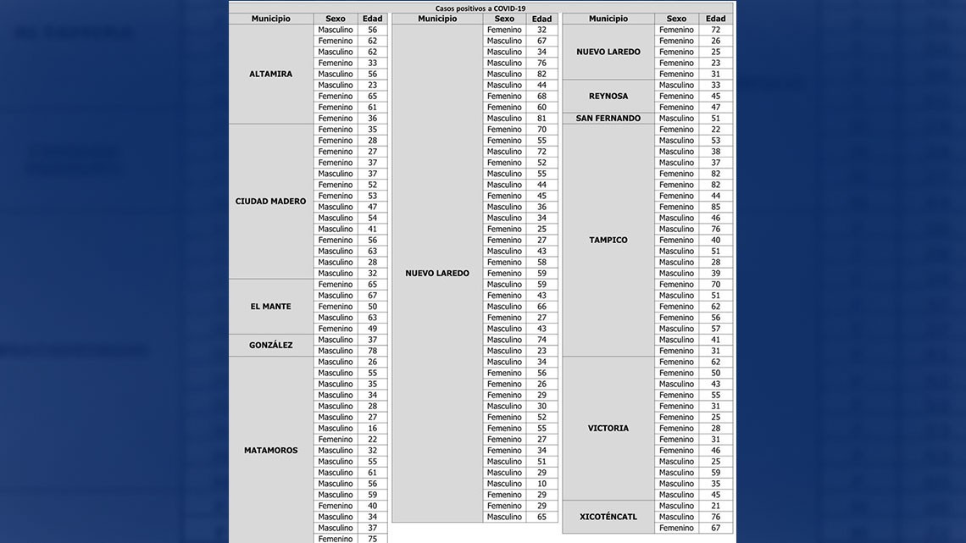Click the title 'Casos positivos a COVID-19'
(x=480, y=8)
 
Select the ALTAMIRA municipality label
(x=270, y=74)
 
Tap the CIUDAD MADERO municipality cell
(x=270, y=202)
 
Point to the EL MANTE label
(x=270, y=307)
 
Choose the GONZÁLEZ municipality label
(x=270, y=346)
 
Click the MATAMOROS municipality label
(x=270, y=451)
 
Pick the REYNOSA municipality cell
(x=608, y=97)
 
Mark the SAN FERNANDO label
(x=608, y=119)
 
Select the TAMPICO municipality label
(x=608, y=241)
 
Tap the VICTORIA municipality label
(x=608, y=429)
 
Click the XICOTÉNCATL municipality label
(x=608, y=517)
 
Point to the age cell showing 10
(x=541, y=484)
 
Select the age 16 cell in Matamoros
(x=372, y=429)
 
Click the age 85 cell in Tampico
(x=716, y=207)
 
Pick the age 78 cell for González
(x=372, y=351)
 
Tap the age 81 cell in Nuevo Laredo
(x=541, y=119)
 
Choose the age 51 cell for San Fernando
(x=716, y=119)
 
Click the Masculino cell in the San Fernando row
(x=676, y=119)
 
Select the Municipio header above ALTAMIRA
(x=270, y=19)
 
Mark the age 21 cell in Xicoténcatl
(x=716, y=506)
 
